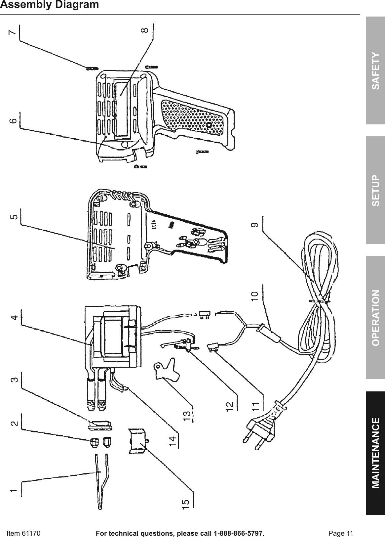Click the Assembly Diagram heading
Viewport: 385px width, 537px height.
point(50,5)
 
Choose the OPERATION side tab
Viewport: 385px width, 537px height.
point(375,318)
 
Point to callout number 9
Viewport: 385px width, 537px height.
point(254,225)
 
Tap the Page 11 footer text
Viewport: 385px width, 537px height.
point(341,533)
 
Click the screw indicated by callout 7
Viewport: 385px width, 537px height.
point(92,68)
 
